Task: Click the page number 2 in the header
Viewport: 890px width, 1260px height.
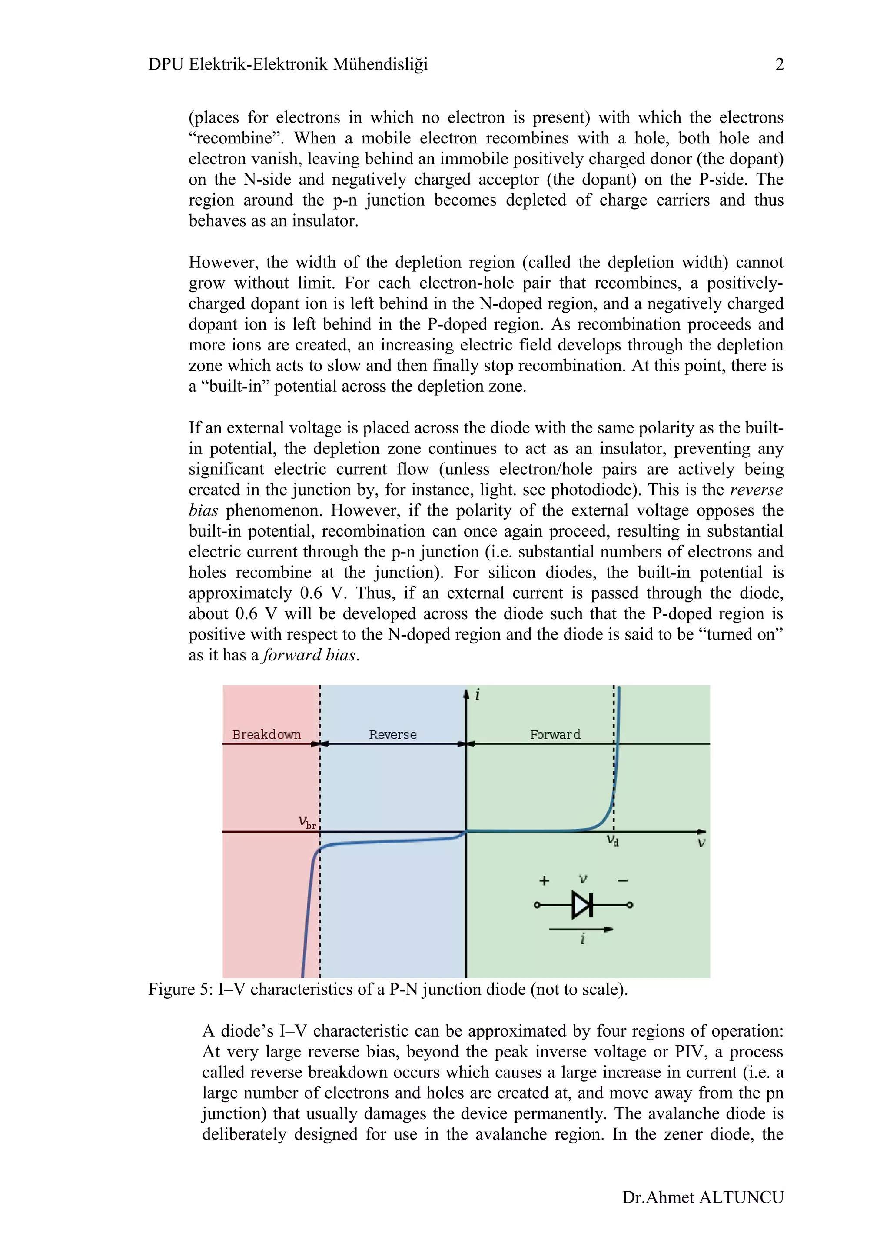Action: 779,64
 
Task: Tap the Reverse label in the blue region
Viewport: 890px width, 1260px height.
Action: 392,734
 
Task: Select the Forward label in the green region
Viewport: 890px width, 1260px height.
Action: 555,734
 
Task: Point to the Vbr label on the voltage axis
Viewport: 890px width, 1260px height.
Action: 307,822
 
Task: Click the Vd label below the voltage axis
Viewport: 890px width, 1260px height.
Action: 612,841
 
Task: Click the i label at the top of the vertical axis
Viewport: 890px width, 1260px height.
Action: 477,695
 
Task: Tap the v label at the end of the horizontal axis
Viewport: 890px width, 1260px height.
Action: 701,843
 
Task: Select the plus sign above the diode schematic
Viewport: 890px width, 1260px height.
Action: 544,881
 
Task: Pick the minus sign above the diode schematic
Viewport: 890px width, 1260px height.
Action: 622,881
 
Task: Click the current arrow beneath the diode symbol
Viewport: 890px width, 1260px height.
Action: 581,930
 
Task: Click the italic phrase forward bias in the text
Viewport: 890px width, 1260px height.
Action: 310,655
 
